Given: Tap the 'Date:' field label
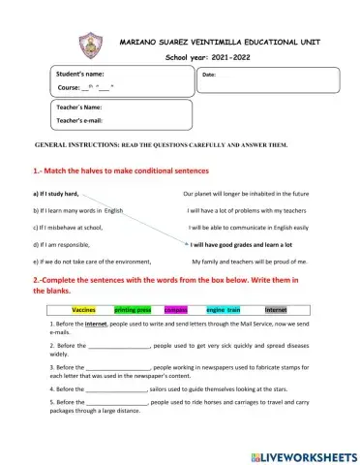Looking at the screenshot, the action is pyautogui.click(x=209, y=75).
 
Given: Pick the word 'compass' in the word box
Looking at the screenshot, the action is pyautogui.click(x=175, y=309).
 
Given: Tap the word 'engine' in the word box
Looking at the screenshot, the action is pyautogui.click(x=216, y=309).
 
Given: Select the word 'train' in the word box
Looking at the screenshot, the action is pyautogui.click(x=234, y=309).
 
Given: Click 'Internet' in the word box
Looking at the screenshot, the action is pyautogui.click(x=277, y=309).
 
